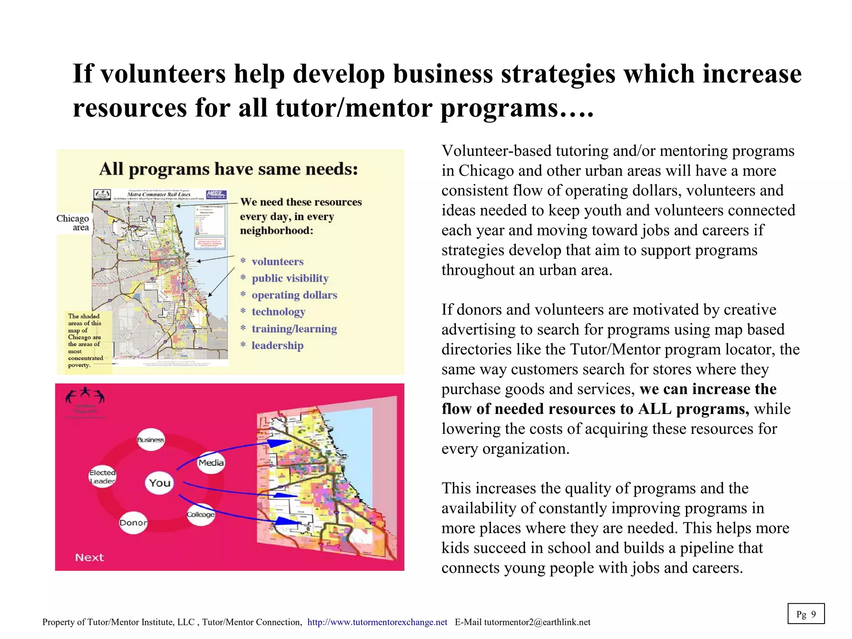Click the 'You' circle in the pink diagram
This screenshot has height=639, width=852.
(160, 483)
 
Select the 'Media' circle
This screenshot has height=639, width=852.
(211, 463)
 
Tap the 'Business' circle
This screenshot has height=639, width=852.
(151, 440)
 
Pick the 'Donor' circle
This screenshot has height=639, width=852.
(133, 523)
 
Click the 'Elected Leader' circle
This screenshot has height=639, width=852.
(102, 477)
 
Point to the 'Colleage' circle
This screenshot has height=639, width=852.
(201, 515)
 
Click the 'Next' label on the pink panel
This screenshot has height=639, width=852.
(89, 557)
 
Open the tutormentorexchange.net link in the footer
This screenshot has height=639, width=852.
(377, 622)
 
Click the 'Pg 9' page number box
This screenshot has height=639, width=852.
(806, 614)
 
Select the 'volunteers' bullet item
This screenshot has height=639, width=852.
(277, 262)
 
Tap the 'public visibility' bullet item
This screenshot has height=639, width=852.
(290, 278)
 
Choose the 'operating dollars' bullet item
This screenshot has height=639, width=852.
(294, 295)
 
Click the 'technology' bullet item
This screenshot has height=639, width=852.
(278, 312)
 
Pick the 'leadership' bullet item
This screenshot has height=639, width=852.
(277, 345)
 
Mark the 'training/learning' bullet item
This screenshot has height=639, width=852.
(294, 329)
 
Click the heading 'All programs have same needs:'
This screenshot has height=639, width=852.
(228, 169)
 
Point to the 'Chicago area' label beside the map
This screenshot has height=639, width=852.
(73, 223)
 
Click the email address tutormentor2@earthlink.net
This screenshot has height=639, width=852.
(537, 622)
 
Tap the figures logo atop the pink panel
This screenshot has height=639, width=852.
(85, 397)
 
